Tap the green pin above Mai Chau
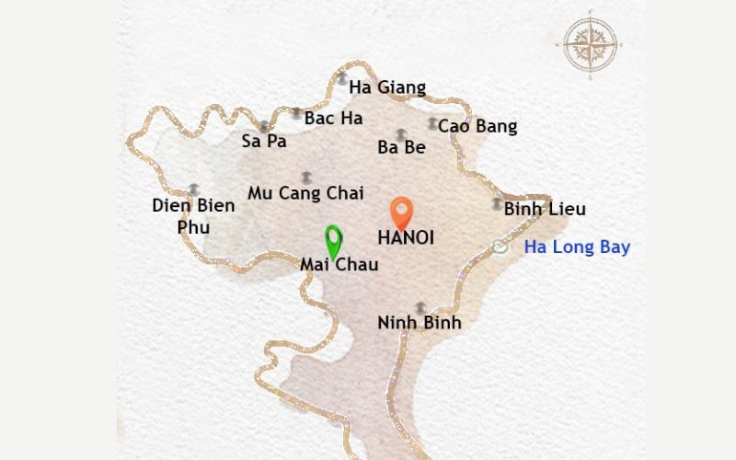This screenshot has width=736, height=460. (x=333, y=241)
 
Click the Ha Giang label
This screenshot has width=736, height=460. (x=389, y=88)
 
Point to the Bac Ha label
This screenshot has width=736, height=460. (x=333, y=118)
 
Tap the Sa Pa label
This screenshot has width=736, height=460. (x=264, y=141)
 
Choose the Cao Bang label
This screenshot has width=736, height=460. (x=477, y=126)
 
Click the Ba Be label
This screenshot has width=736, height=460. (x=401, y=147)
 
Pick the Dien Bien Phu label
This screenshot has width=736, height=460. (x=193, y=216)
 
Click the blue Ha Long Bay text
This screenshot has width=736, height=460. (x=577, y=247)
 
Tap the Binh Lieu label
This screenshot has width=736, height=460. (x=545, y=209)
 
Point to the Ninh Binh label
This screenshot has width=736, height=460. (x=420, y=323)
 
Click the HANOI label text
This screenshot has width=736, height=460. (x=406, y=237)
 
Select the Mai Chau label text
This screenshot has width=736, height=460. (x=339, y=265)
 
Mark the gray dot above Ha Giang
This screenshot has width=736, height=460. (x=342, y=79)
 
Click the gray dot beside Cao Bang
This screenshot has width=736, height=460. (x=432, y=123)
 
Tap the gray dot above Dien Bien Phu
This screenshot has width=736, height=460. (x=193, y=189)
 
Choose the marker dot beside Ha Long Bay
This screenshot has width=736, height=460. (x=500, y=246)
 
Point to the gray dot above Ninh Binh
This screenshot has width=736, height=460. (x=420, y=307)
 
